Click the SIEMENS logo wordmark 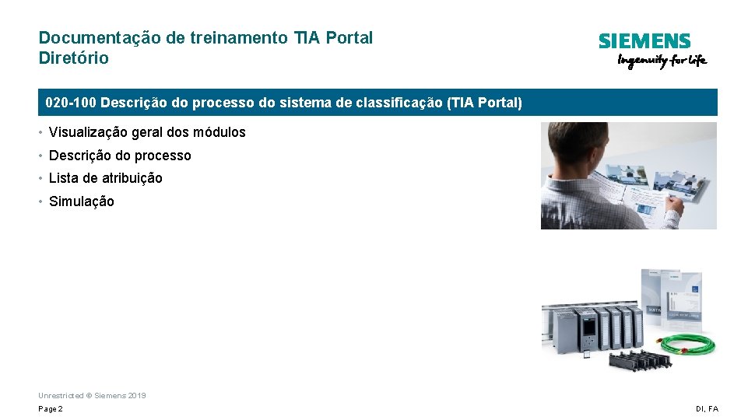click(x=644, y=41)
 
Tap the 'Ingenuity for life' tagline click(x=662, y=61)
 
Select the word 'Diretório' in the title click(x=74, y=58)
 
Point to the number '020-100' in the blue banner click(x=71, y=103)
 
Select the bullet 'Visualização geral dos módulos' click(x=147, y=132)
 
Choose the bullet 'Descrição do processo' click(x=120, y=156)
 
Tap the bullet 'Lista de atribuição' click(x=106, y=178)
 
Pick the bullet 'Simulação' click(x=81, y=201)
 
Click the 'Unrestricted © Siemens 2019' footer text click(x=92, y=396)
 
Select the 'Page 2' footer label click(x=51, y=409)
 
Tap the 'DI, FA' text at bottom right click(x=708, y=409)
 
